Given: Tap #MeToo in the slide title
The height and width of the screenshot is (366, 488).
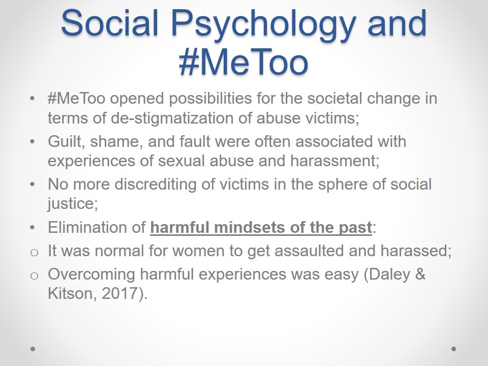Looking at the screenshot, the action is click(243, 62).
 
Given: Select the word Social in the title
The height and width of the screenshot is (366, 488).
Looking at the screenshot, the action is click(110, 22).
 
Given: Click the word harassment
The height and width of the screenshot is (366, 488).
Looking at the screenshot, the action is click(334, 161).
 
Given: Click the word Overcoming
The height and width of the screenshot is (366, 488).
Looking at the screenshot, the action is click(91, 274).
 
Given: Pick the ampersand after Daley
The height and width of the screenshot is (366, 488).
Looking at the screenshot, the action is click(420, 274).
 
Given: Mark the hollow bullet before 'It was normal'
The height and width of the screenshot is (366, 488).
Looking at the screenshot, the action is click(34, 252).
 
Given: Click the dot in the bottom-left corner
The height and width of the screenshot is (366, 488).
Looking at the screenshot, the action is click(33, 349).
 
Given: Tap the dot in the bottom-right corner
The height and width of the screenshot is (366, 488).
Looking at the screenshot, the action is click(453, 349).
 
